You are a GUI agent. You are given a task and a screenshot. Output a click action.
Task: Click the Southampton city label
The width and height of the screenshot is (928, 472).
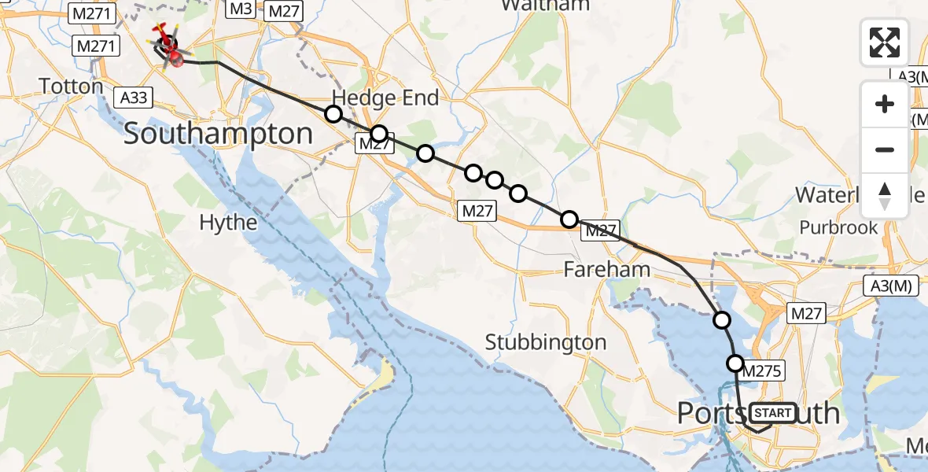218,134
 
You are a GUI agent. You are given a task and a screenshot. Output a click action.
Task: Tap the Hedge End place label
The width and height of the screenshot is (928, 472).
385,98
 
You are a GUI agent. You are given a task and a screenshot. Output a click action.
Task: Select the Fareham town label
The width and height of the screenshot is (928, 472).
606,270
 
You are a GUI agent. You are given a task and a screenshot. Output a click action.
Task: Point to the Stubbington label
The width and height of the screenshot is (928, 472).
546,342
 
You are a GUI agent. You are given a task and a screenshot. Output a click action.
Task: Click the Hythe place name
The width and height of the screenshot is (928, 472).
228,223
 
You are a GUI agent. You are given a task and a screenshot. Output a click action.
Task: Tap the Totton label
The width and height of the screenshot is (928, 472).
72,86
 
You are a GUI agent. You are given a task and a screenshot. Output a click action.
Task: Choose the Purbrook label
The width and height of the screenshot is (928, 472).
838,227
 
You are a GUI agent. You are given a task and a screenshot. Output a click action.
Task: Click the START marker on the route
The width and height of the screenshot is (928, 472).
772,413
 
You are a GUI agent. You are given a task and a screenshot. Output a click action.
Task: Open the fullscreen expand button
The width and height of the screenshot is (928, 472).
885,42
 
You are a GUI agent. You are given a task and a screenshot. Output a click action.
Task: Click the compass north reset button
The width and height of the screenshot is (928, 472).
885,196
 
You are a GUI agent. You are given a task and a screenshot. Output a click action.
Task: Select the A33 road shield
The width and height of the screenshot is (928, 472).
132,97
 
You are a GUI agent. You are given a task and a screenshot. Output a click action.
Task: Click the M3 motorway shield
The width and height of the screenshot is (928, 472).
241,9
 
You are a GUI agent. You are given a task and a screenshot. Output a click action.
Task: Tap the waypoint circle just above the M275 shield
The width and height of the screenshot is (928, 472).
735,363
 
